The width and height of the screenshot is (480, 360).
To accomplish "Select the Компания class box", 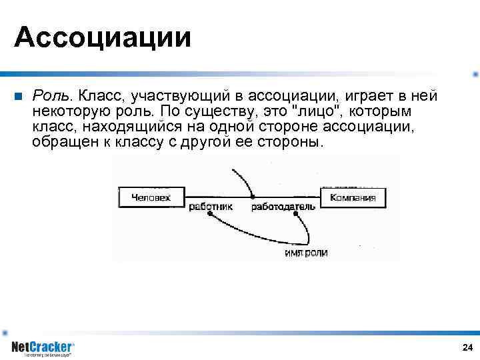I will [353, 197].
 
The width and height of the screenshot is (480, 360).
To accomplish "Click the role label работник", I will [211, 207].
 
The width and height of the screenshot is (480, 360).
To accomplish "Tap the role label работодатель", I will [283, 207].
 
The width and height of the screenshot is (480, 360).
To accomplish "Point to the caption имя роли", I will [306, 253].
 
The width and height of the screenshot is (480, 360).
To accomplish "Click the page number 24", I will [467, 347].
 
